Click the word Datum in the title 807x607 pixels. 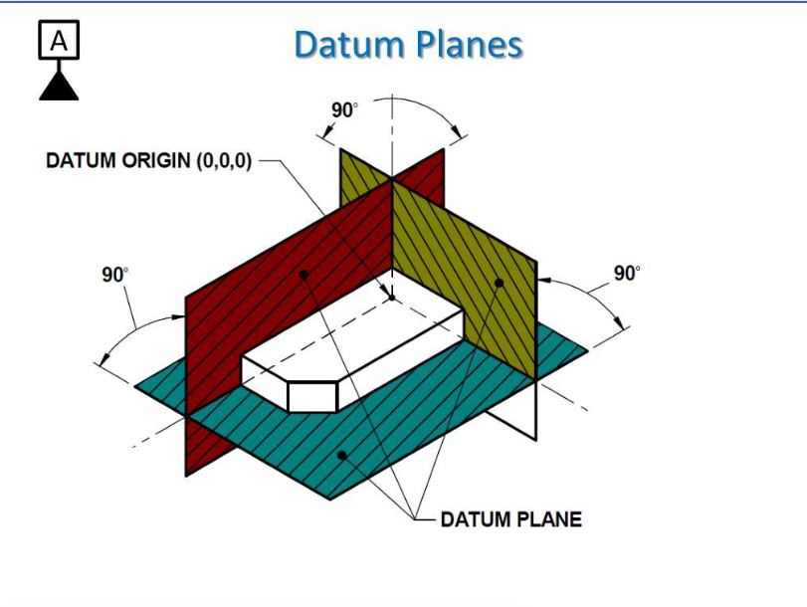point(349,44)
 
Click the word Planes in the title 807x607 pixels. point(470,44)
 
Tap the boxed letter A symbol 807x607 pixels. point(59,40)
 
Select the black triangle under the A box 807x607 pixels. point(59,86)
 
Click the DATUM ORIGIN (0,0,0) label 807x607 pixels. point(148,160)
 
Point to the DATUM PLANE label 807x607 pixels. point(511,519)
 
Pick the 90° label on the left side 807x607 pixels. point(115,275)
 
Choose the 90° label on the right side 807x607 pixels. point(627,273)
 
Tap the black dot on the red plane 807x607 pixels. point(303,275)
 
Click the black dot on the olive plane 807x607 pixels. point(499,283)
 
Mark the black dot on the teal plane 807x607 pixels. point(341,455)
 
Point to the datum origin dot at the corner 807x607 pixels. point(392,298)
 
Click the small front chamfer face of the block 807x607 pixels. point(312,397)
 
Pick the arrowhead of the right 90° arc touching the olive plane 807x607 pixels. point(544,281)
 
